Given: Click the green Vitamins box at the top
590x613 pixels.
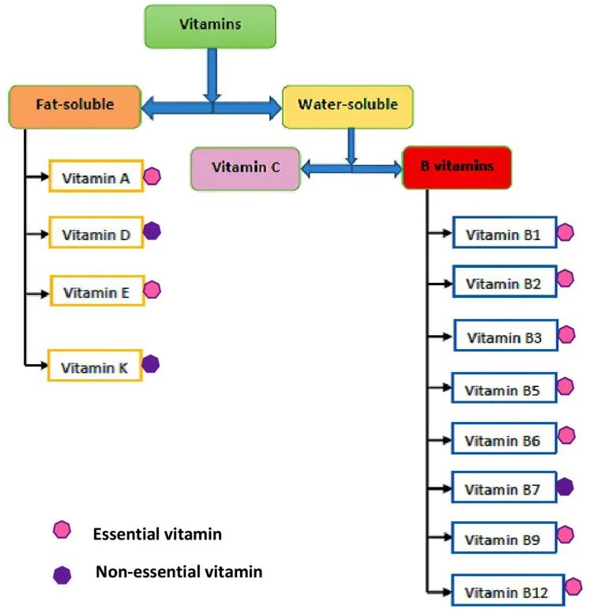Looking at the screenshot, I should point(210,26).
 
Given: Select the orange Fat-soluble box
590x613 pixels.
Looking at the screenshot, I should point(75,106).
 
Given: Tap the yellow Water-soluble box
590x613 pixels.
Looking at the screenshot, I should point(348,106).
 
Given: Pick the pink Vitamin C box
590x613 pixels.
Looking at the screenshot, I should point(245,168).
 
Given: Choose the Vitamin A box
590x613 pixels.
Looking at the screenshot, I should point(96,177).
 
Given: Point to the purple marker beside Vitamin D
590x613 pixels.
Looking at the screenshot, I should point(152,231).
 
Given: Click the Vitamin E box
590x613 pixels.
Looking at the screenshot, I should point(97,291).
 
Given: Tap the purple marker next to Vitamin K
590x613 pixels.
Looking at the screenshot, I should point(151,363).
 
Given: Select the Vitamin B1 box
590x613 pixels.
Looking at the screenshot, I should point(505,232).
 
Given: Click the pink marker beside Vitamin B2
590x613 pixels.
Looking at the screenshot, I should point(566,279).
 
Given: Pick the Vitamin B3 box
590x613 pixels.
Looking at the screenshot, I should point(505,337).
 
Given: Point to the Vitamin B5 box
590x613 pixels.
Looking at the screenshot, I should point(504,389).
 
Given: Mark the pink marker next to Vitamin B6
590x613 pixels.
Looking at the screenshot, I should point(566,435).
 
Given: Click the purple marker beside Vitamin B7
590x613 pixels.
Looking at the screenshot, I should point(565,487).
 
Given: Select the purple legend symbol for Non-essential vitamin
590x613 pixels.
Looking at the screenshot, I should point(62,574).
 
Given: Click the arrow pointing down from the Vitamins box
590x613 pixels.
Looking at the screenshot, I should point(211,74).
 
